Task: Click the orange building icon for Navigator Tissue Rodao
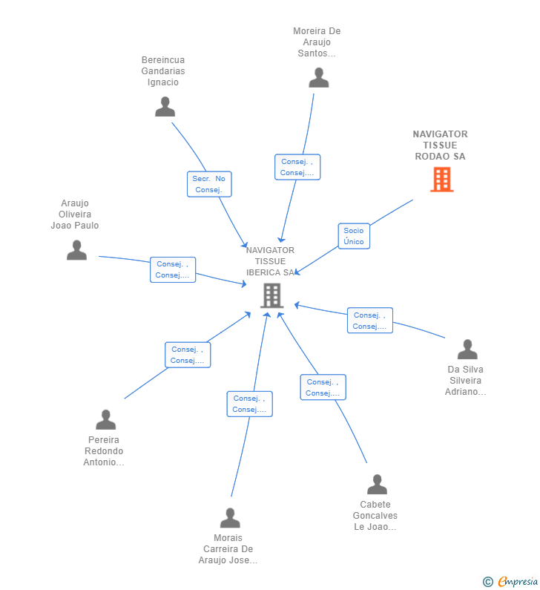(x=442, y=180)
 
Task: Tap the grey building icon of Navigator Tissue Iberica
(x=272, y=296)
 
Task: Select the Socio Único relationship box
(x=354, y=236)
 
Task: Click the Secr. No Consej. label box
(x=209, y=184)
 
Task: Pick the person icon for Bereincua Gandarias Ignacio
(x=165, y=106)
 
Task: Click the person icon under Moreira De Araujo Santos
(x=319, y=77)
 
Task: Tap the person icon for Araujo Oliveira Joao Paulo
(x=76, y=250)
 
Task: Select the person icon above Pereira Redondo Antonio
(x=105, y=419)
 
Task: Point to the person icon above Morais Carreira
(x=230, y=518)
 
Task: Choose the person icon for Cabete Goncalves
(x=377, y=485)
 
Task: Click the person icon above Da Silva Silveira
(x=467, y=350)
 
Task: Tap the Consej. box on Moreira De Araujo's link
(x=297, y=167)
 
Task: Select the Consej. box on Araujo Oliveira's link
(x=173, y=269)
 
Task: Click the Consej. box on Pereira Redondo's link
(x=188, y=355)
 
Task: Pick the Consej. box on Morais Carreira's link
(x=249, y=404)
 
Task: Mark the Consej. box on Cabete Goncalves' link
(x=323, y=387)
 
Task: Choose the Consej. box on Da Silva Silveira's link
(x=370, y=321)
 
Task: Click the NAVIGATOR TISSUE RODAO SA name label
(x=441, y=145)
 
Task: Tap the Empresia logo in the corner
(x=518, y=581)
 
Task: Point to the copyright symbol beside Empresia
(x=488, y=582)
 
